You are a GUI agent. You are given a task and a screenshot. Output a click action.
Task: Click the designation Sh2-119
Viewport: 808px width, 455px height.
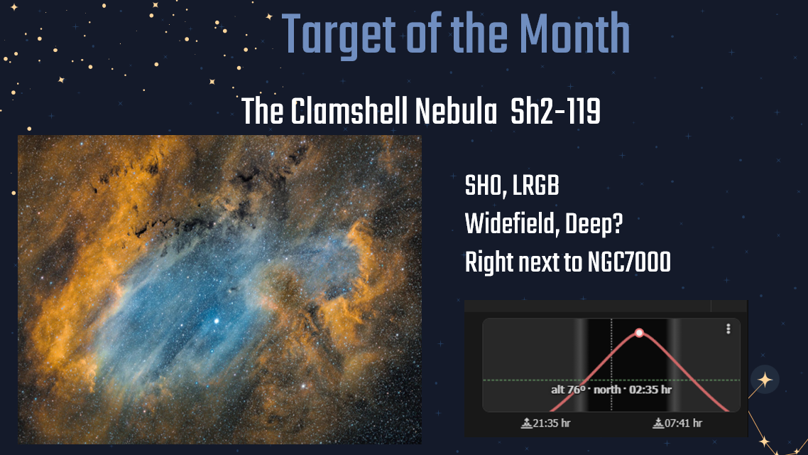[x=555, y=111]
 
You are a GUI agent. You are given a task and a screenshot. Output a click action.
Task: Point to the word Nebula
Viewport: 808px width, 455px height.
[x=456, y=111]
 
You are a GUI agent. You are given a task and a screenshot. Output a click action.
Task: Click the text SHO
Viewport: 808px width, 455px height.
[x=484, y=186]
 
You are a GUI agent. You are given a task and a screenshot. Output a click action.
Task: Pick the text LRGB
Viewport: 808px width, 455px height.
[x=535, y=186]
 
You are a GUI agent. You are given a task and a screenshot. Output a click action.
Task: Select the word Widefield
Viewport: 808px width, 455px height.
[x=511, y=225]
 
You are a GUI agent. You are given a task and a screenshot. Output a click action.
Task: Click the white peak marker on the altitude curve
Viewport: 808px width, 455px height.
[x=640, y=333]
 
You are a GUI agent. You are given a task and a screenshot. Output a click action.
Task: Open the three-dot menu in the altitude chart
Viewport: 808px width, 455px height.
[x=728, y=329]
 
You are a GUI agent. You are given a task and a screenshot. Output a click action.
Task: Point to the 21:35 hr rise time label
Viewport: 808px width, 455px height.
[x=552, y=424]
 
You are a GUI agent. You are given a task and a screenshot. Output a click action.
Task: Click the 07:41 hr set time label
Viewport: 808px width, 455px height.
[x=683, y=424]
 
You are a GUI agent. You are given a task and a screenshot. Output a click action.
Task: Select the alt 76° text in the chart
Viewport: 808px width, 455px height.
[x=569, y=390]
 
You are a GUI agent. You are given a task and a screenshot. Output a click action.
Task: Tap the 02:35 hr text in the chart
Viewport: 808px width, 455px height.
[x=650, y=390]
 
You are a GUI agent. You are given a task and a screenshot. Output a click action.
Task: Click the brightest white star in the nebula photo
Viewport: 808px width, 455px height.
[x=217, y=321]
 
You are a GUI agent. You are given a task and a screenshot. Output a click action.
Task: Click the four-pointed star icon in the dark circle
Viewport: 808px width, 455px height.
[x=765, y=380]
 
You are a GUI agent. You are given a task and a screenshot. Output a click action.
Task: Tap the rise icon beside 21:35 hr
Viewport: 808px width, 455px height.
[x=526, y=424]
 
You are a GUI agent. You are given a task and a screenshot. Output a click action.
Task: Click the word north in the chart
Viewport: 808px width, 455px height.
[x=607, y=390]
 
